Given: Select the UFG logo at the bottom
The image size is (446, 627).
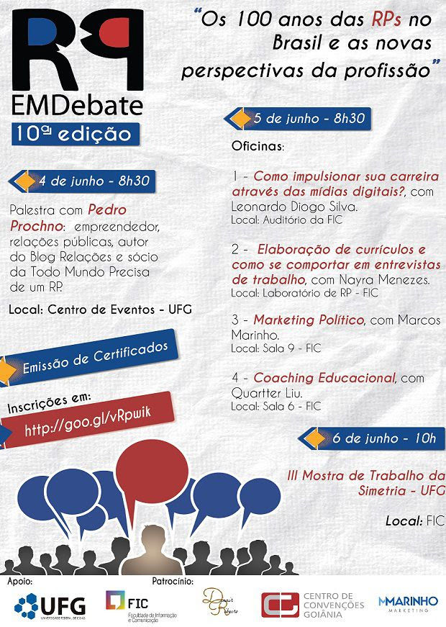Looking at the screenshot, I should click(50, 604).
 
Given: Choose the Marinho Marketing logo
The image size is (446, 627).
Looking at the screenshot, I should click(408, 603).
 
